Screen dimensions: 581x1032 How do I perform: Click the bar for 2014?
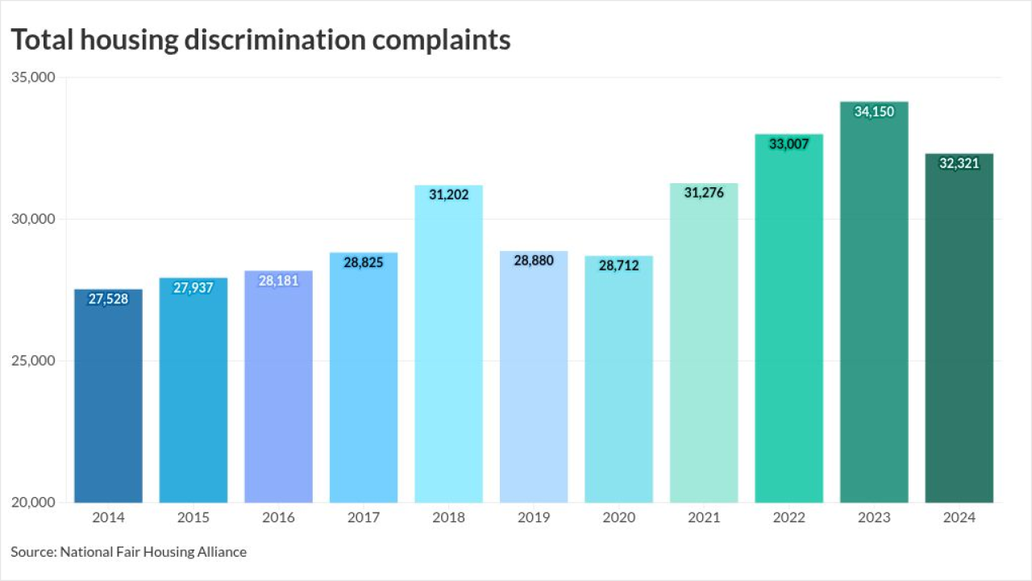108,395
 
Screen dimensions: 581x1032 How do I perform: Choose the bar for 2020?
618,378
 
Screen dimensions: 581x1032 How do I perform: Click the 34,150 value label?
874,112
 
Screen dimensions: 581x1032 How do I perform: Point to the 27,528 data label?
108,299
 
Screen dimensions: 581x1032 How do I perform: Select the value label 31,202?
448,195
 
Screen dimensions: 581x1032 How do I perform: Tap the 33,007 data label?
789,144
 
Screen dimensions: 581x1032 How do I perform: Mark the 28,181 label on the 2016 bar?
278,281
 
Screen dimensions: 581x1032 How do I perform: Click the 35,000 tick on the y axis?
32,77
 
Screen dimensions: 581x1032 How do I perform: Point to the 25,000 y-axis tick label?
32,361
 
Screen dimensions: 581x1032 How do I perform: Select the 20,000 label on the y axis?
32,502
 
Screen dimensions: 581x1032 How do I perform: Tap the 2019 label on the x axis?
534,518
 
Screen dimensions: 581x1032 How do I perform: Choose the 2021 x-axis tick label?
704,518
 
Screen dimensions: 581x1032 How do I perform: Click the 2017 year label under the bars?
364,518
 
